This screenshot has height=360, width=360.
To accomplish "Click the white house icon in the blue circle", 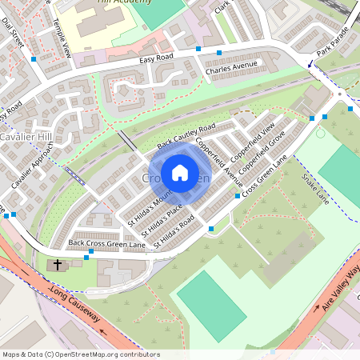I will click(x=180, y=172).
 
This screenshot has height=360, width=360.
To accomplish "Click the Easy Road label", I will click(x=156, y=58).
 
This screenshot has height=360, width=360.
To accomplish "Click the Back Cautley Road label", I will click(x=186, y=136).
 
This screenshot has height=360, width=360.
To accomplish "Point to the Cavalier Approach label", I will click(x=30, y=171).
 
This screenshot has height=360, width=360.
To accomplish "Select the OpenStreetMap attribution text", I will click(x=81, y=354).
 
